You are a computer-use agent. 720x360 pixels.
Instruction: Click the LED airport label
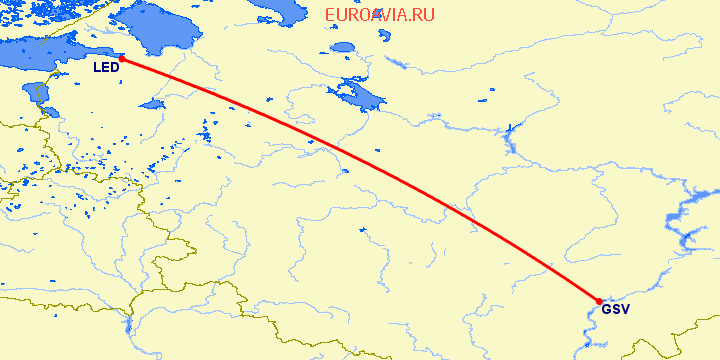(106, 68)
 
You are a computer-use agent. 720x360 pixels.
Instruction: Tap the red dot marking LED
(122, 59)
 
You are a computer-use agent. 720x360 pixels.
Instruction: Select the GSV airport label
(616, 309)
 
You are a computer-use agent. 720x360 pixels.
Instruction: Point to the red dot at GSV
(599, 301)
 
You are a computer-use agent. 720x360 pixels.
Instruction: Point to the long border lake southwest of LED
(41, 95)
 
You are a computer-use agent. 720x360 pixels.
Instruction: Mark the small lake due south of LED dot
(152, 104)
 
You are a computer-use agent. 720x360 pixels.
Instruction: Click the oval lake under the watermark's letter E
(344, 47)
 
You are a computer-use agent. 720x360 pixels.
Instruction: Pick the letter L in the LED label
(97, 68)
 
